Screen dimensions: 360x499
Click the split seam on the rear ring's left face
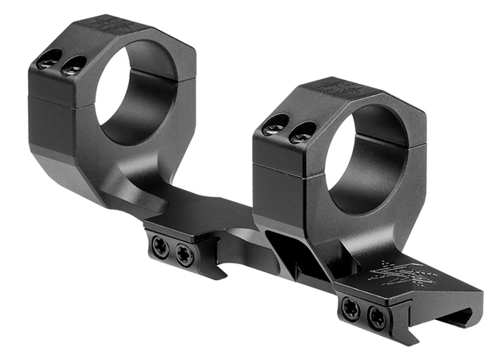click(x=60, y=98)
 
